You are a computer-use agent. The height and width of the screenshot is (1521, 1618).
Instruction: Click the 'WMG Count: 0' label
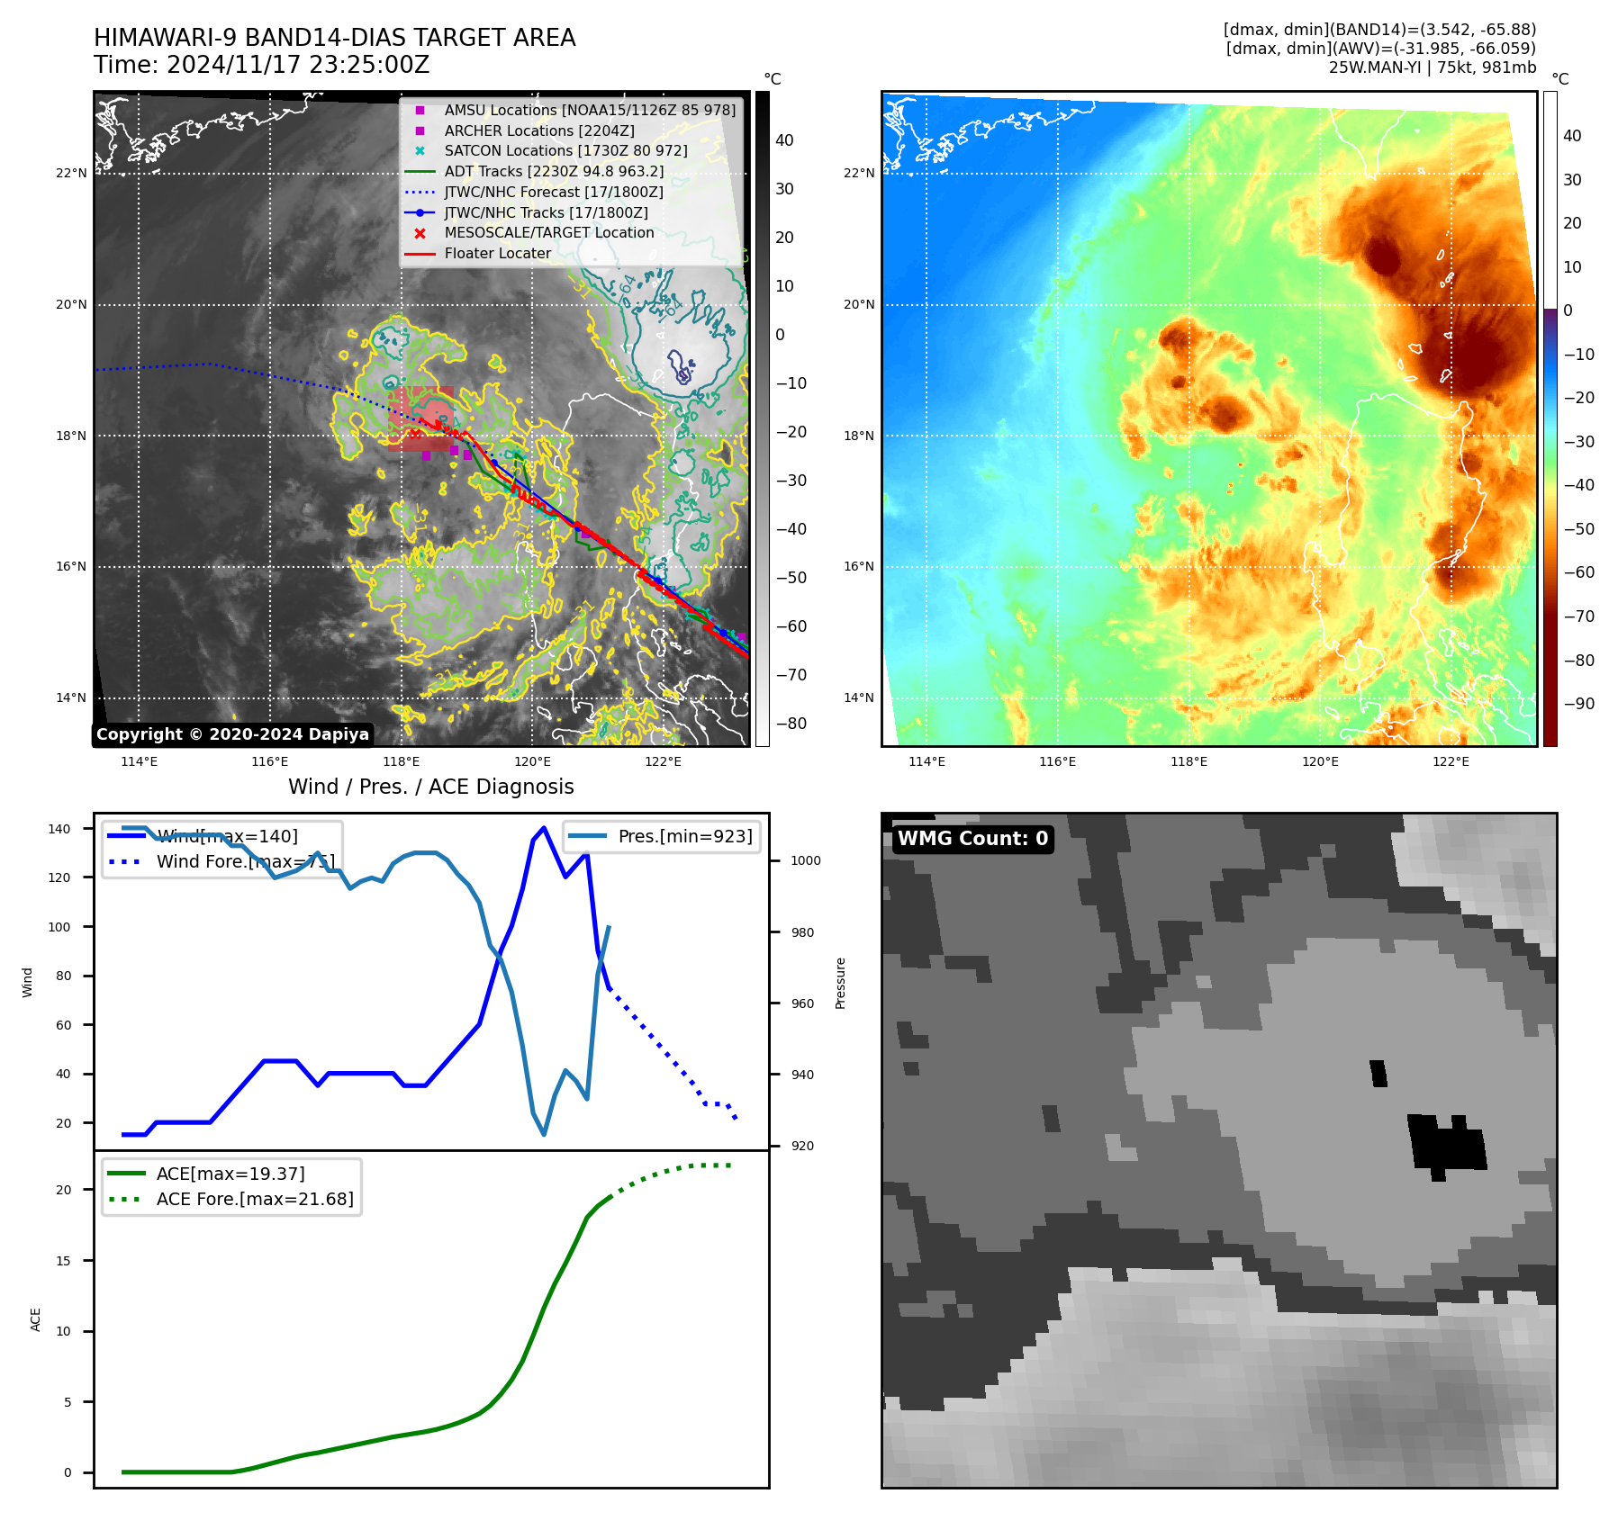point(972,839)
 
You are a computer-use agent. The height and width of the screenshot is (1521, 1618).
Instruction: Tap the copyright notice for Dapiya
point(232,734)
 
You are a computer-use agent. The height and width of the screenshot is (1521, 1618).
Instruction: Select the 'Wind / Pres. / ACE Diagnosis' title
point(430,787)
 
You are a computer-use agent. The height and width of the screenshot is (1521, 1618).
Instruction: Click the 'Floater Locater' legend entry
point(497,254)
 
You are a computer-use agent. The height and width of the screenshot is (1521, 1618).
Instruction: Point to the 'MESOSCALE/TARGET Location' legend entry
point(548,233)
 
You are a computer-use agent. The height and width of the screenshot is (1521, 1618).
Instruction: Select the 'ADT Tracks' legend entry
point(554,172)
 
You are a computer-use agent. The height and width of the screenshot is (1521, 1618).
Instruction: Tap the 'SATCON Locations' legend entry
point(565,151)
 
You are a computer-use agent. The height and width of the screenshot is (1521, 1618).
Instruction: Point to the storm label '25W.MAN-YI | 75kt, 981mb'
point(1432,67)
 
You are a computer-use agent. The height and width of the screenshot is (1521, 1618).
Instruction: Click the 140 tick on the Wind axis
point(59,829)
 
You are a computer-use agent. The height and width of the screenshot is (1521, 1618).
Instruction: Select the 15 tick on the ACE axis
point(63,1261)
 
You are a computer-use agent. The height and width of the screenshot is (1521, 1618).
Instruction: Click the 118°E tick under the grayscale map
point(402,762)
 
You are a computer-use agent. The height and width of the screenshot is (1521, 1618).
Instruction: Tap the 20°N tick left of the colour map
point(858,305)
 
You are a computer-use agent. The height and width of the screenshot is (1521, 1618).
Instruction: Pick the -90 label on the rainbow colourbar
point(1578,704)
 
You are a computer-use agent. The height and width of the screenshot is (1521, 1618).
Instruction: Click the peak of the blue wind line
point(543,828)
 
